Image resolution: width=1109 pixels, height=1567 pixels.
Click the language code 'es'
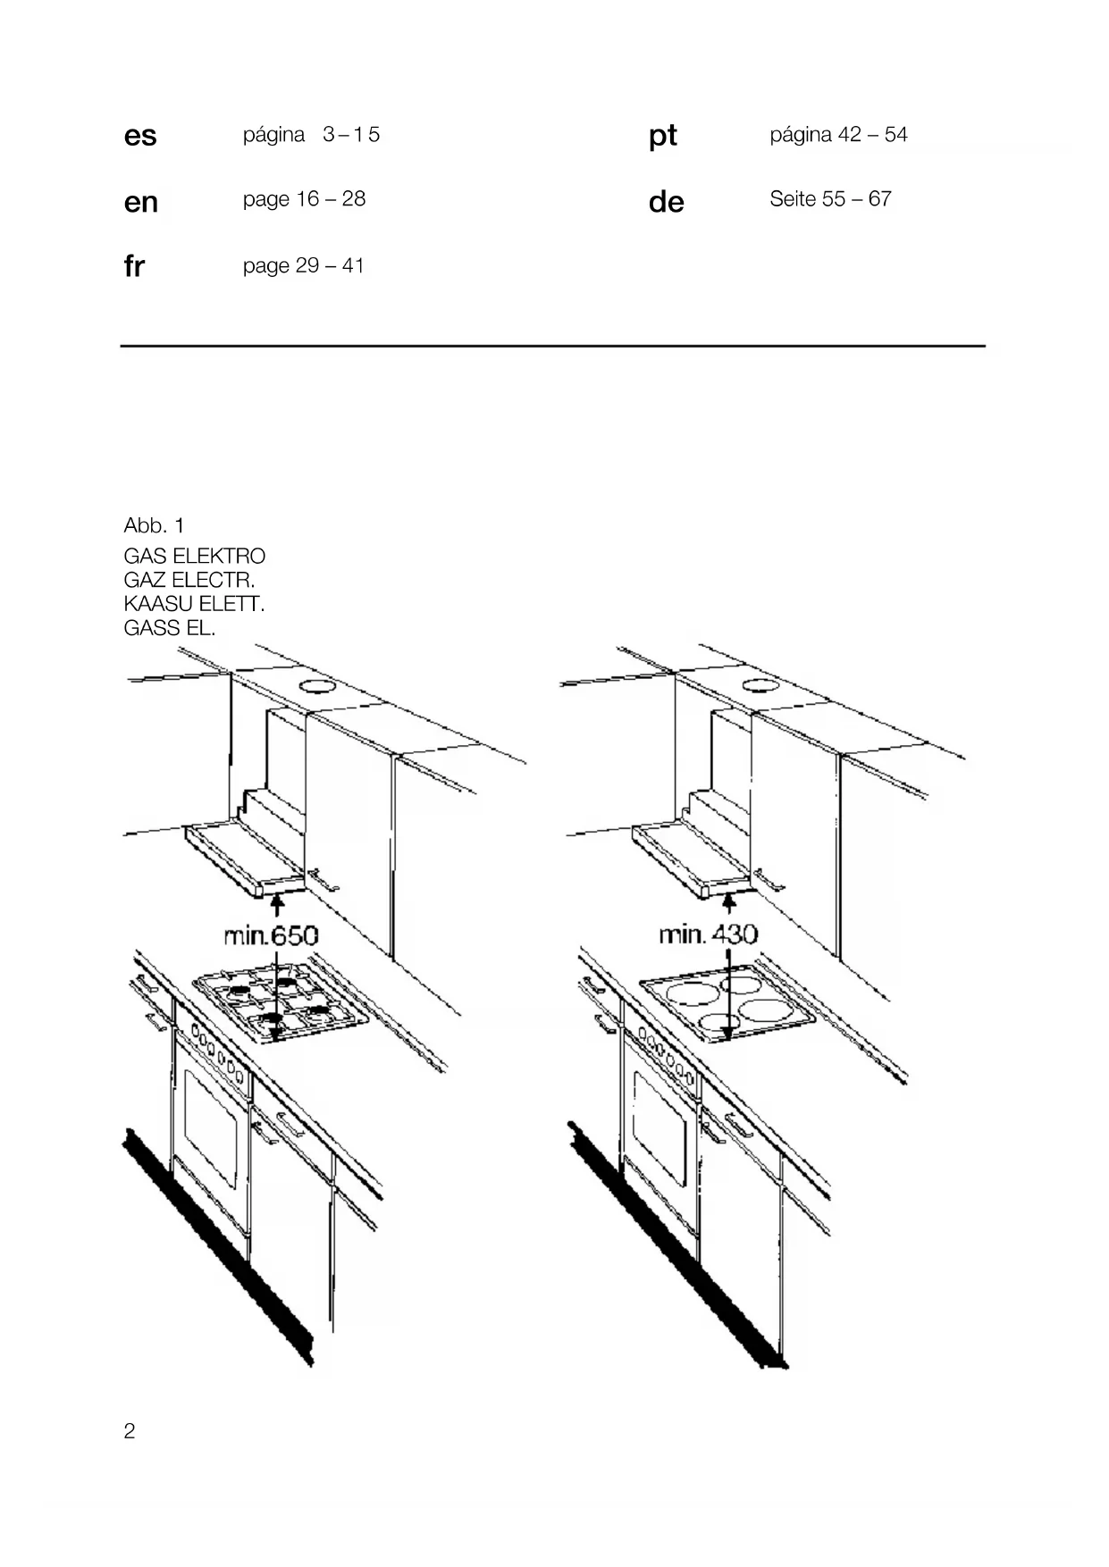pyautogui.click(x=140, y=136)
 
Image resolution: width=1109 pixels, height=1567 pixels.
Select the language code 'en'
pyautogui.click(x=141, y=202)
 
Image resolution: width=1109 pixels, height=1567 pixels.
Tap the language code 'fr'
pyautogui.click(x=134, y=266)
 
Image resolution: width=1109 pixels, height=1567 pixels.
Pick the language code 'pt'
pyautogui.click(x=662, y=136)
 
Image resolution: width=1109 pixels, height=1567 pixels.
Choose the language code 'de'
pyautogui.click(x=666, y=202)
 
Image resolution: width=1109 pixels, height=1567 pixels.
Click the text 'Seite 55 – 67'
pyautogui.click(x=830, y=199)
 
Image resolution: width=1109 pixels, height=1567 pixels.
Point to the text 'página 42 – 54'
pyautogui.click(x=838, y=135)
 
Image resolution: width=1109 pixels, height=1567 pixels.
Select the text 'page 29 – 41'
pyautogui.click(x=303, y=265)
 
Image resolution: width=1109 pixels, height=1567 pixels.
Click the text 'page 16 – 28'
pyautogui.click(x=304, y=199)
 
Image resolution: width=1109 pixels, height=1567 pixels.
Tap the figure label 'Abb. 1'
pyautogui.click(x=154, y=525)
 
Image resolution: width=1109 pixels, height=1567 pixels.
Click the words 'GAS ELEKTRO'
pyautogui.click(x=194, y=556)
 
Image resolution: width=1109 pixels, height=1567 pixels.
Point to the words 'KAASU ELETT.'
pyautogui.click(x=194, y=604)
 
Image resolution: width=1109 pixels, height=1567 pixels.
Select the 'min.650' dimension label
pyautogui.click(x=271, y=935)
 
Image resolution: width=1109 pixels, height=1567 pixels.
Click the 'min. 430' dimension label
pyautogui.click(x=708, y=934)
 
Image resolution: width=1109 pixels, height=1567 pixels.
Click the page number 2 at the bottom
pyautogui.click(x=130, y=1431)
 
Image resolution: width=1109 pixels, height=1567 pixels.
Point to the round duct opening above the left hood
pyautogui.click(x=315, y=686)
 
